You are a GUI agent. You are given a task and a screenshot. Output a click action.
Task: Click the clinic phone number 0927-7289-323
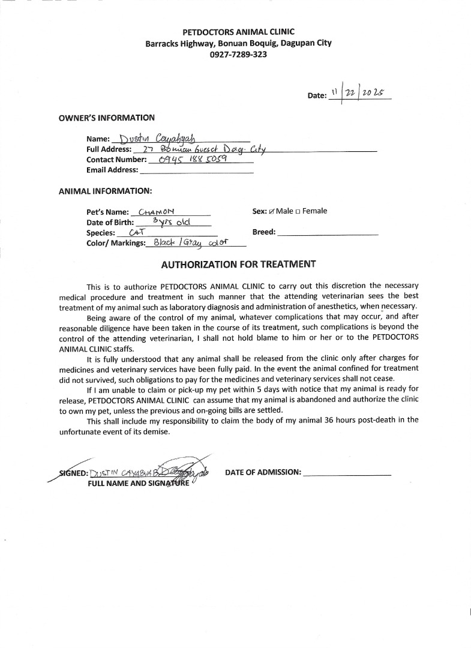click(x=238, y=55)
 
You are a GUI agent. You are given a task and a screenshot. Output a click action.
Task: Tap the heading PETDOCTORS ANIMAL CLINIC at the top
click(x=238, y=32)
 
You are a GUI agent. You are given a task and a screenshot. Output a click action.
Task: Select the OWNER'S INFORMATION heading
click(x=106, y=118)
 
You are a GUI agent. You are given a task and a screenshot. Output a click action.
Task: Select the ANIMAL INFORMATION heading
click(x=105, y=191)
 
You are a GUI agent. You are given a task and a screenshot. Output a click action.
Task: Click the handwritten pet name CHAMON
click(x=156, y=212)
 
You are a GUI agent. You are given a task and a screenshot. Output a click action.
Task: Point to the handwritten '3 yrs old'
click(x=172, y=221)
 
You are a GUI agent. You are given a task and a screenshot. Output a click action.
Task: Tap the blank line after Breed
click(x=328, y=232)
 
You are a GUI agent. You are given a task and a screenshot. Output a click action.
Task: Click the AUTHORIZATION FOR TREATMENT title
click(x=238, y=264)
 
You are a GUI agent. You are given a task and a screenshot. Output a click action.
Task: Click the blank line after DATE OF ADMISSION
click(x=347, y=473)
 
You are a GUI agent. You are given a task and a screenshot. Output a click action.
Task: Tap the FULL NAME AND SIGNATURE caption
click(x=139, y=483)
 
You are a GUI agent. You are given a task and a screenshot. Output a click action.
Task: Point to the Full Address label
click(x=109, y=149)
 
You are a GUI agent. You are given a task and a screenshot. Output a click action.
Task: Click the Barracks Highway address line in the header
click(x=238, y=43)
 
